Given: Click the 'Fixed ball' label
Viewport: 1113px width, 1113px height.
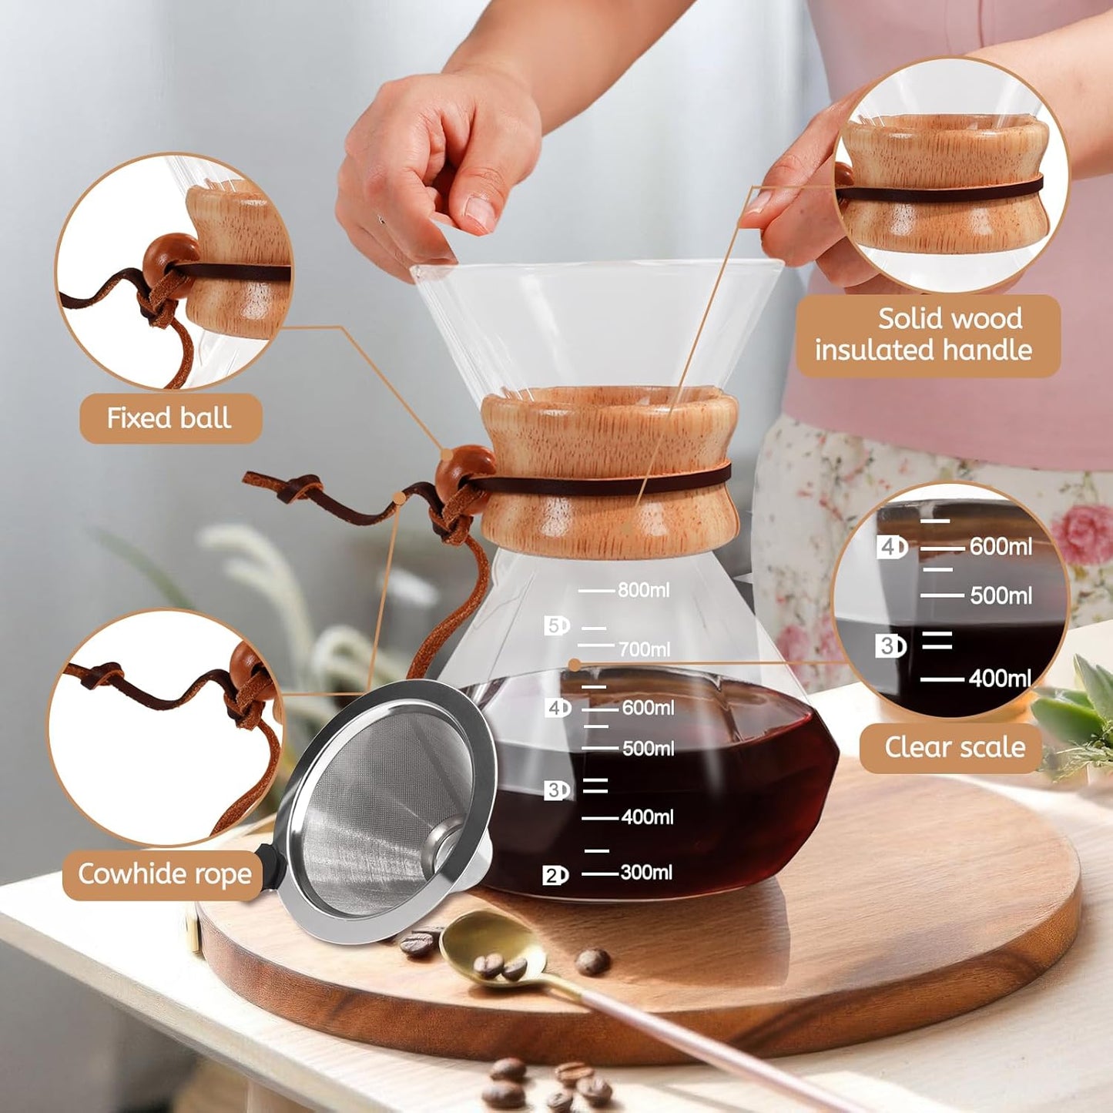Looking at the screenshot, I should coord(170,418).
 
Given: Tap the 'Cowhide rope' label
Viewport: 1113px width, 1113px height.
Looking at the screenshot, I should coord(164,874).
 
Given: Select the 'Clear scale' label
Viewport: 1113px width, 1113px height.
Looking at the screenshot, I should coord(954,747).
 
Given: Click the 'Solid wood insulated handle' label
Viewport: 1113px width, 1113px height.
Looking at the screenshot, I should coord(927,334).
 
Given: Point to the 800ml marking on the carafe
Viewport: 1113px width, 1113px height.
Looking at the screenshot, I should coord(643,590).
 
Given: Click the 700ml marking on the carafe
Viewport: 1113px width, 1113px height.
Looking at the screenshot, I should coord(644,649).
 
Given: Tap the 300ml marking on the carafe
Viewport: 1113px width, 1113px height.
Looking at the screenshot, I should coord(645,872).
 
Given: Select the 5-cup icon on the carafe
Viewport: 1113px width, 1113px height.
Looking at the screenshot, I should coord(556,625).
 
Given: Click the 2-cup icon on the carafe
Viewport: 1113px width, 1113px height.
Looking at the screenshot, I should coord(555,875).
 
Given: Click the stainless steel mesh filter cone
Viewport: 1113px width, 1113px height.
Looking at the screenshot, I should coord(385,809).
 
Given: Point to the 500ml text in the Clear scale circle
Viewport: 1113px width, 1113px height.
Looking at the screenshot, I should coord(1001,595).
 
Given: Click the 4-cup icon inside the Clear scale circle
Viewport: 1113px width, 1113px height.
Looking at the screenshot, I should coord(892,547).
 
